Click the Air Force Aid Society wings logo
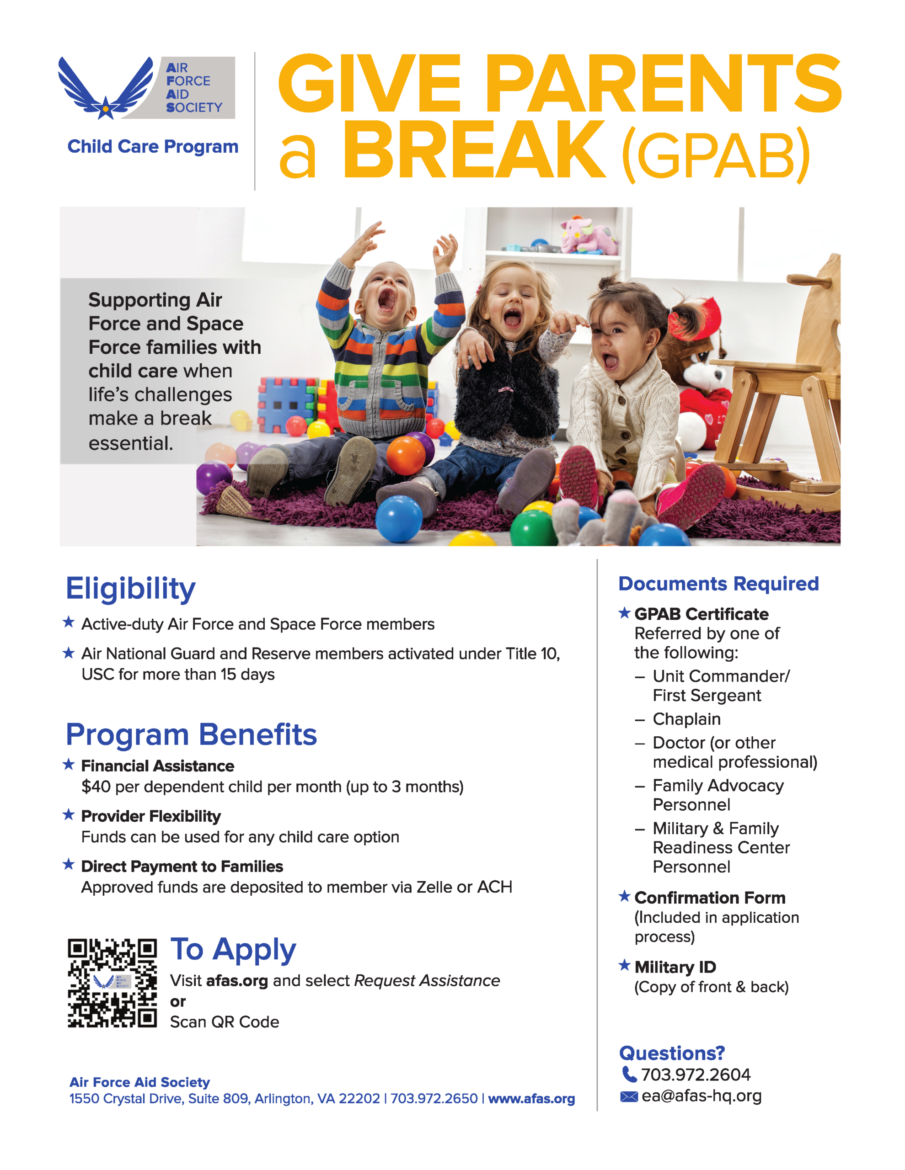pos(106,88)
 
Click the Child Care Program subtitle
pos(153,146)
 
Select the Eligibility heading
pos(130,589)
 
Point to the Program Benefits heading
pos(191,734)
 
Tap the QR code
pos(112,983)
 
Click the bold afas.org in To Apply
pos(236,981)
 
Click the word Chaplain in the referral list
pos(686,719)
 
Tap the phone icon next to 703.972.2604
pos(628,1074)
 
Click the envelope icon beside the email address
pos(628,1096)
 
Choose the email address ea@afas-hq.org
pos(701,1096)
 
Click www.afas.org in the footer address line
pos(531,1099)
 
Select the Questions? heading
pos(671,1053)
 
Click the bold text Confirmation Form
pos(710,898)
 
